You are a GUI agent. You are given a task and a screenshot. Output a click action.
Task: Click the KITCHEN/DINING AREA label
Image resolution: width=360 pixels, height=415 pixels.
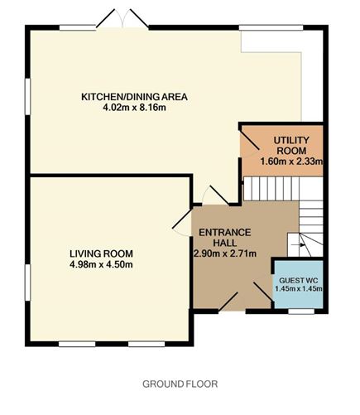(x=134, y=97)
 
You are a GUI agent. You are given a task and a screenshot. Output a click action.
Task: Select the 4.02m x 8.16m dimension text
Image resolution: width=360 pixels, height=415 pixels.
(x=134, y=108)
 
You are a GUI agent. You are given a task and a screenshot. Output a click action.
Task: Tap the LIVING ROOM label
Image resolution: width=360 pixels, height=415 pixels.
(x=101, y=253)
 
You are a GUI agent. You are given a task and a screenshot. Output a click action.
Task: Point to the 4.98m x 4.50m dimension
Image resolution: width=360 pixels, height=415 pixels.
(x=101, y=264)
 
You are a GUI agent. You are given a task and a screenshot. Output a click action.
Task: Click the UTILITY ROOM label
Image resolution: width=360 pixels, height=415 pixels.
(x=291, y=146)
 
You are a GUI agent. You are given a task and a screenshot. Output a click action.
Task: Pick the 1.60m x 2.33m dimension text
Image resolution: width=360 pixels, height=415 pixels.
(x=291, y=162)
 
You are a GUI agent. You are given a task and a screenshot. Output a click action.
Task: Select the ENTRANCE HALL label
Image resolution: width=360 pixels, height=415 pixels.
(x=225, y=238)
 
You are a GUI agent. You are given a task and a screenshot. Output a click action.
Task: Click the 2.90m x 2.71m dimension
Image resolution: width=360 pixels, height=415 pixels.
(x=225, y=253)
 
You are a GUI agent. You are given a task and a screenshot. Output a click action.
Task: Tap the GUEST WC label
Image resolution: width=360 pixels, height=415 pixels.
(x=299, y=281)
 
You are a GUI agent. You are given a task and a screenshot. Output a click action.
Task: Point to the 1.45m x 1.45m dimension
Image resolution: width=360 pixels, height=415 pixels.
(x=299, y=289)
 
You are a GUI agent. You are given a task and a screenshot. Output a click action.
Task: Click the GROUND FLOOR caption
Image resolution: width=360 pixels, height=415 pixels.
(x=180, y=384)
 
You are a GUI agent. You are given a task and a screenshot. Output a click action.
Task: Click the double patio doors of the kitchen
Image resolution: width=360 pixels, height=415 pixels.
(x=122, y=18)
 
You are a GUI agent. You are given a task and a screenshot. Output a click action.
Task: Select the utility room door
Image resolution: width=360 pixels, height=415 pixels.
(x=249, y=141)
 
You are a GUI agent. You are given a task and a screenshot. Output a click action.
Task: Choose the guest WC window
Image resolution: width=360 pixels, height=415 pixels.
(x=301, y=311)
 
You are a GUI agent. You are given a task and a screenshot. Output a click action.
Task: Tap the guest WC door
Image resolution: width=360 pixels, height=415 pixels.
(x=263, y=292)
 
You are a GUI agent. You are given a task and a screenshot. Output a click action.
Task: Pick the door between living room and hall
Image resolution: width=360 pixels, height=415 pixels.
(x=182, y=223)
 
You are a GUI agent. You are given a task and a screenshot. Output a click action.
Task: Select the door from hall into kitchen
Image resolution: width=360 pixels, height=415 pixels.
(x=216, y=195)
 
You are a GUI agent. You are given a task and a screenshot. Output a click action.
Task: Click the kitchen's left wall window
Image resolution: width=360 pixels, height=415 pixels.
(x=27, y=96)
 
